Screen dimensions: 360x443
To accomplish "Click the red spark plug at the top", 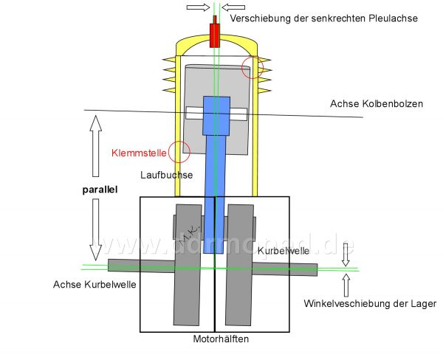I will (215, 33).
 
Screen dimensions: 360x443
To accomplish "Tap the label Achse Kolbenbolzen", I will (377, 104).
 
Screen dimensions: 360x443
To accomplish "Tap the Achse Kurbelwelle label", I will (94, 285).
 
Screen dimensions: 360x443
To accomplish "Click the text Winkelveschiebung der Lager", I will (370, 304).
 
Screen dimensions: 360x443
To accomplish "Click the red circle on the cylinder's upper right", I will (253, 67).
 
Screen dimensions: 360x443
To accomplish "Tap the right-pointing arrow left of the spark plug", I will (197, 7).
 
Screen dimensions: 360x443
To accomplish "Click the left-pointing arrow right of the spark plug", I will (233, 7).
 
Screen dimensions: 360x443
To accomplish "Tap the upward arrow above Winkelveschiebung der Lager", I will (346, 283).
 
